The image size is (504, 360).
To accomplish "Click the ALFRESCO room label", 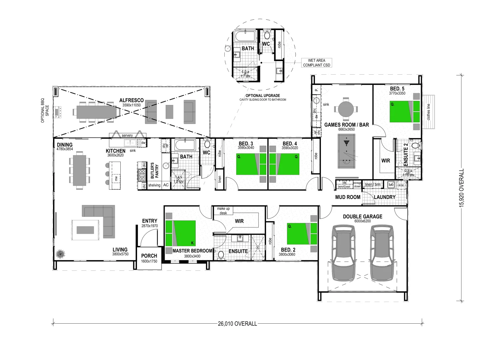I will tap(131, 100).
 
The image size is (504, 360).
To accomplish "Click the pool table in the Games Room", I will tap(347, 152).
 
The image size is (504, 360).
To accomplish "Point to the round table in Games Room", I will tap(346, 109).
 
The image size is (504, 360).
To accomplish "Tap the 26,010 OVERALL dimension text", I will tap(237, 324).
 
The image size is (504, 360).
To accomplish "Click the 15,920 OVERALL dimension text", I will tap(462, 188).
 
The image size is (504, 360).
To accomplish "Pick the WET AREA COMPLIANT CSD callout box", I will tap(316, 63).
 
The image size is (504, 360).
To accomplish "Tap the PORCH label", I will tap(149, 256).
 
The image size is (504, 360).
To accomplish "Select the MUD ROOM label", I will tap(348, 197).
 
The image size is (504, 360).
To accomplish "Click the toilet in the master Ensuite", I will tap(221, 255).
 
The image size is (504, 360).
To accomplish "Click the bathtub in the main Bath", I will tap(185, 146).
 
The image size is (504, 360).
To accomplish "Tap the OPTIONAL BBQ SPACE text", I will tap(45, 110).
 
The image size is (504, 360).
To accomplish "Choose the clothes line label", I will tap(429, 112).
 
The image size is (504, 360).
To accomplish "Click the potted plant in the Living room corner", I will tap(60, 254).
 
